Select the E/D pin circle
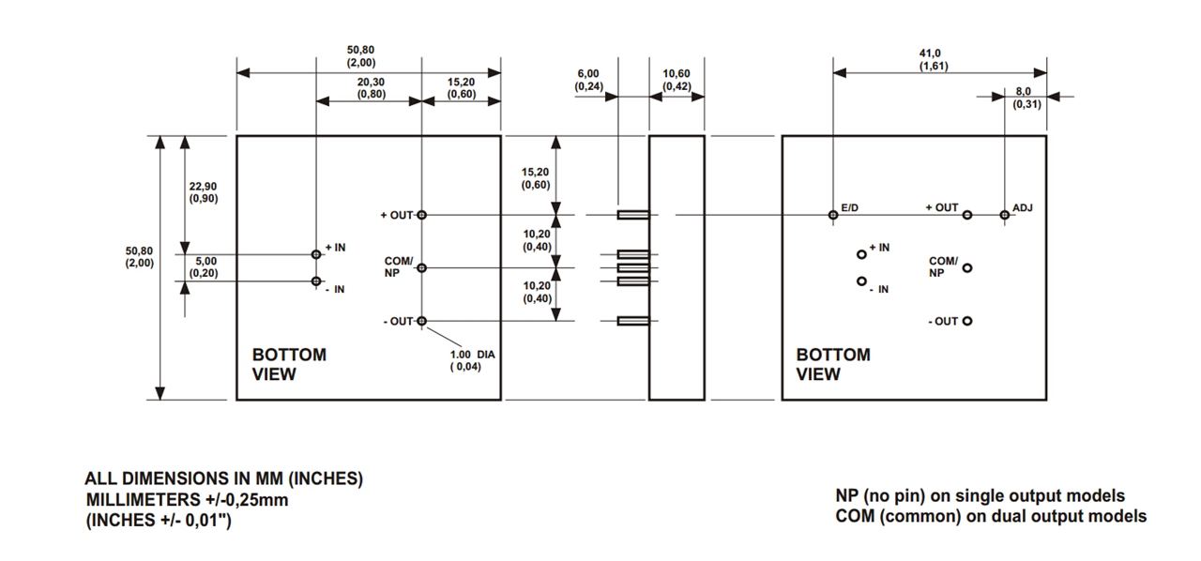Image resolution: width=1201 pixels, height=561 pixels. [833, 215]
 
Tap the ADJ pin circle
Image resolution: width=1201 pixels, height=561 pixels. [1004, 215]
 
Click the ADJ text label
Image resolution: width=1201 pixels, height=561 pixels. [1023, 206]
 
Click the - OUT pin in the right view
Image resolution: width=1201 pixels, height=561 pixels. [967, 322]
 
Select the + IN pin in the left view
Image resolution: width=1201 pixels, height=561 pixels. [316, 254]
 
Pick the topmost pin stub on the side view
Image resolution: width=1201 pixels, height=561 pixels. [633, 215]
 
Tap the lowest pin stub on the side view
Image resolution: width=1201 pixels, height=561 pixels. [633, 322]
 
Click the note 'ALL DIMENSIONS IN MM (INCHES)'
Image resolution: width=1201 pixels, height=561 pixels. [224, 478]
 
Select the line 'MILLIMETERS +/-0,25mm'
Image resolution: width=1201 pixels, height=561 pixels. [188, 499]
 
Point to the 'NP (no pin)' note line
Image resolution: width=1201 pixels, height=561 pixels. [980, 495]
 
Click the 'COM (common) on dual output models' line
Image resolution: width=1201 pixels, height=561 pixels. [990, 516]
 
